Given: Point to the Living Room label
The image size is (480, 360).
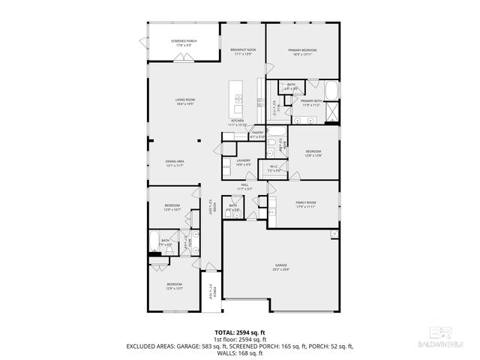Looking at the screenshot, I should pos(185,102).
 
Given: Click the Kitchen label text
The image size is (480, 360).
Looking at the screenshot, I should pos(237,122).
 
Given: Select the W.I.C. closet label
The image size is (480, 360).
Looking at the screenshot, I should pos(274,169).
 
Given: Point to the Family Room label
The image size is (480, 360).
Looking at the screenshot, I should pos(305,204).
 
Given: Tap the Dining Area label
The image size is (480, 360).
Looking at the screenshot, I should pos(175,163).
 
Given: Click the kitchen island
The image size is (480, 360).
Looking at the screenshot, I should pos(238,97).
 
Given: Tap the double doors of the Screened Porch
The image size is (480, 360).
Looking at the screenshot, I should pos(182,63).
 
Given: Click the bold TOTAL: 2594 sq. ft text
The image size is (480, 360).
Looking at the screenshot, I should pos(240,331).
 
